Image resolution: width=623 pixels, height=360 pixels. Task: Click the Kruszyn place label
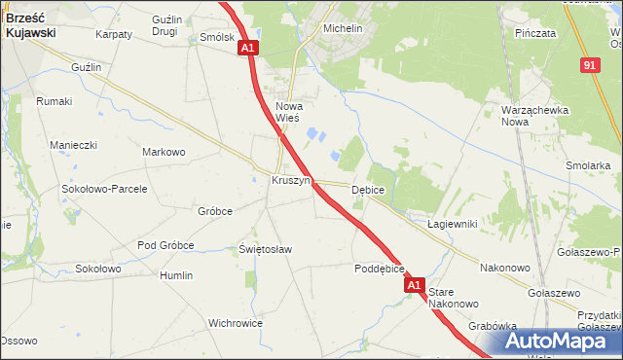290,181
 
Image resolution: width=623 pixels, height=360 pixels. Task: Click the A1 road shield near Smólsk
248,48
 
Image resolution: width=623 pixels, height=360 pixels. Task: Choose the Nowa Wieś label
289,112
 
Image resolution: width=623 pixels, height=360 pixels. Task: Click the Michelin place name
343,29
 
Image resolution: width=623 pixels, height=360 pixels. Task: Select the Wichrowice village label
236,322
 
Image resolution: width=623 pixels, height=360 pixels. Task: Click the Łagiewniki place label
452,224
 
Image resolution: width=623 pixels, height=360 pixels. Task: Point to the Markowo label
164,152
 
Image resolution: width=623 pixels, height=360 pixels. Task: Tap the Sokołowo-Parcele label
104,189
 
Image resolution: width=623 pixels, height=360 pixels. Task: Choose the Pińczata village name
536,33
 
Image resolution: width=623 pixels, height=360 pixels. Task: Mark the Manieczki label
74,145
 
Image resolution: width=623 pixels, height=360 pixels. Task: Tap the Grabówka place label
492,327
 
